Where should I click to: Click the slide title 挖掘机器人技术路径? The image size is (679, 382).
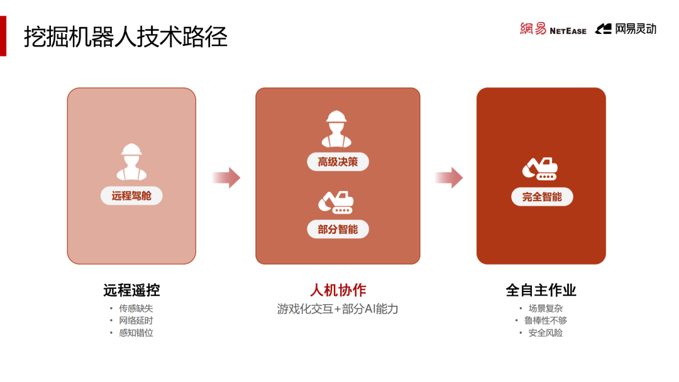click(126, 37)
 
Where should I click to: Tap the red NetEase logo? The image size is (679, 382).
click(553, 29)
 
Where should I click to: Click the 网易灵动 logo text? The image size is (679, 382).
click(626, 29)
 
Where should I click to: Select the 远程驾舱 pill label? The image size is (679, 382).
click(131, 196)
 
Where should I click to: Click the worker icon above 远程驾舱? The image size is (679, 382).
click(131, 161)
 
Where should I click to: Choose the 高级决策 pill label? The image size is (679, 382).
click(338, 162)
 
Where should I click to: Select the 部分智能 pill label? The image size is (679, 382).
click(338, 229)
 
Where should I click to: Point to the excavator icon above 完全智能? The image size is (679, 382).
click(539, 168)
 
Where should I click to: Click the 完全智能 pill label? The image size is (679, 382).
click(541, 197)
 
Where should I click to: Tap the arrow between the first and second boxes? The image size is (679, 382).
click(226, 178)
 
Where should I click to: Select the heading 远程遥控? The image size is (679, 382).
click(131, 290)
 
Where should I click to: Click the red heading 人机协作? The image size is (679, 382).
click(338, 290)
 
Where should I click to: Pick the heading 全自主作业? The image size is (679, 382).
click(541, 290)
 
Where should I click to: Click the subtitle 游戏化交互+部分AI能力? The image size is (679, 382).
click(338, 309)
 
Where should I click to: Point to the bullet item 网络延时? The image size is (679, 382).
click(136, 320)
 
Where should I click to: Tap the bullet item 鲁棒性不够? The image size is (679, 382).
click(545, 320)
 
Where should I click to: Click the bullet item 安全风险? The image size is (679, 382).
click(545, 333)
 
